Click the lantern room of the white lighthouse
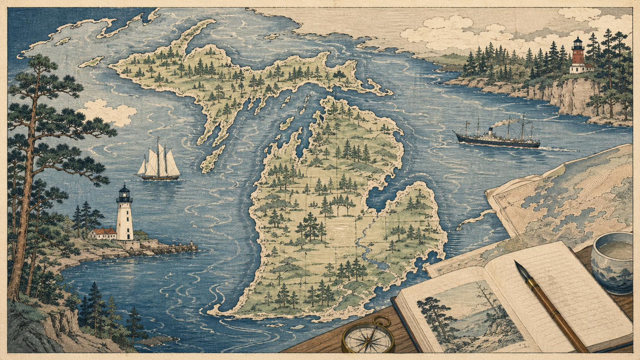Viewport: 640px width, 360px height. click(x=124, y=195)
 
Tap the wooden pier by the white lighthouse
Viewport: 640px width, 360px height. click(x=176, y=248)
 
